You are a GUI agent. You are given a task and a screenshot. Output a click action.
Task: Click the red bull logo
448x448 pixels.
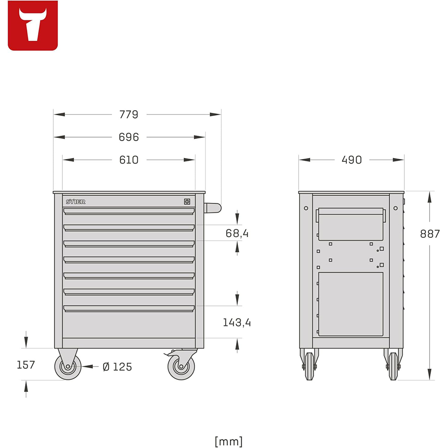[x=33, y=26]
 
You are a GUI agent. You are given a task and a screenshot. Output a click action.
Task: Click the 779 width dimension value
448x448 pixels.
[x=129, y=115]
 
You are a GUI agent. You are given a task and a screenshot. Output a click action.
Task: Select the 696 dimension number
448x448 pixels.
[x=129, y=137]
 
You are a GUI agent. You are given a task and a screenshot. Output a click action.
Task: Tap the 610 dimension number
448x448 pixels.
[x=129, y=159]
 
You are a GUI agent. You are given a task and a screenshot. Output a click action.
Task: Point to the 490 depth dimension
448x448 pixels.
[x=352, y=159]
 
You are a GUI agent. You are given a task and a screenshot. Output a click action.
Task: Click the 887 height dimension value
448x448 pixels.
[x=430, y=233]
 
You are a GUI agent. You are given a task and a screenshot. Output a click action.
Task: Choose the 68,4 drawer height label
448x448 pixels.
[x=237, y=233]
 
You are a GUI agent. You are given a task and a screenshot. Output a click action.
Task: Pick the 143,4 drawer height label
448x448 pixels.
[x=237, y=322]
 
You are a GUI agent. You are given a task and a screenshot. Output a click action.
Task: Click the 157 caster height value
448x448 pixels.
[x=26, y=365]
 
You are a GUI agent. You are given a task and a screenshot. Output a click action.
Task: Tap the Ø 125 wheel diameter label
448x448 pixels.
[x=117, y=367]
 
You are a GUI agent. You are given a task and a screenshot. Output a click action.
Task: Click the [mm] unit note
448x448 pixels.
[x=228, y=441]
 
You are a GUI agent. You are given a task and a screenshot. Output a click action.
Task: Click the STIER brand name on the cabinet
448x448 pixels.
[x=75, y=202]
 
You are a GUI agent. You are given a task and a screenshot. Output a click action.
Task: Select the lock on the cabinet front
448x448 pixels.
[x=187, y=202]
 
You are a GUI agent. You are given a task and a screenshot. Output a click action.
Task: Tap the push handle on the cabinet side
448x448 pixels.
[x=213, y=207]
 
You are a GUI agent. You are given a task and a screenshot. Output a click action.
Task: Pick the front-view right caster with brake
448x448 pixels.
[x=181, y=366]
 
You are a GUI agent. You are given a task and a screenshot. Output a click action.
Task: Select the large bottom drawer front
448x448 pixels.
[x=129, y=323]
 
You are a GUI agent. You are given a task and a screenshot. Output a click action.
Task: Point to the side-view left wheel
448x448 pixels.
[x=309, y=366]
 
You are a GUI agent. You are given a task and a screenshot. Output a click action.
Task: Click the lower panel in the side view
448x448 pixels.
[x=351, y=304]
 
